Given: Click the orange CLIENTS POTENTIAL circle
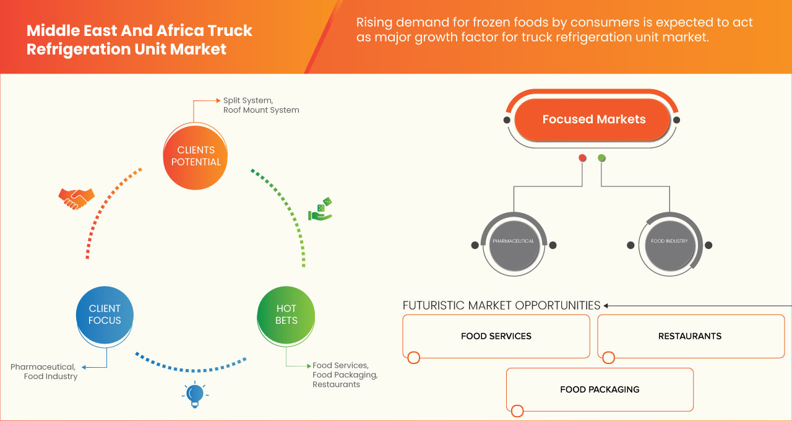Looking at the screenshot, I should pyautogui.click(x=196, y=156).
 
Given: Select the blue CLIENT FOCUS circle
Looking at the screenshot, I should pyautogui.click(x=105, y=315).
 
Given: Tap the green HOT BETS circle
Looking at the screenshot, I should pyautogui.click(x=286, y=315).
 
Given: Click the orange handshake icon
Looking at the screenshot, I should pyautogui.click(x=76, y=197).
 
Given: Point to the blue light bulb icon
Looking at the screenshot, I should pyautogui.click(x=194, y=394).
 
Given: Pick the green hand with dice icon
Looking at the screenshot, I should pyautogui.click(x=321, y=210).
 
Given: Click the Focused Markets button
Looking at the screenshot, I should pyautogui.click(x=593, y=120).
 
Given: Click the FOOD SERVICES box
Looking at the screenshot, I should pyautogui.click(x=496, y=336).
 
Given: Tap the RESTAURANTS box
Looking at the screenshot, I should pyautogui.click(x=690, y=336).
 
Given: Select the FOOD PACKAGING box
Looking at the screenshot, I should pyautogui.click(x=600, y=389).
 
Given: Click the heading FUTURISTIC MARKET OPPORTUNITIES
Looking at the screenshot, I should pyautogui.click(x=501, y=305).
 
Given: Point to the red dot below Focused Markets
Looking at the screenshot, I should pyautogui.click(x=582, y=158).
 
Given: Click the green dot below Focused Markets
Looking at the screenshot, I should pyautogui.click(x=601, y=158).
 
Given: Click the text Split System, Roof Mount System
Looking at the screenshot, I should pyautogui.click(x=260, y=105).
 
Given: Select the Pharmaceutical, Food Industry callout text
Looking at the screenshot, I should pyautogui.click(x=44, y=371).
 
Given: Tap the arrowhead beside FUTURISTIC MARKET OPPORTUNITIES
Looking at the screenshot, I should pyautogui.click(x=606, y=305).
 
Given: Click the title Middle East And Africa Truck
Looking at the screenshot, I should pyautogui.click(x=139, y=31).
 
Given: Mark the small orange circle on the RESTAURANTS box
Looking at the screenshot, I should pyautogui.click(x=608, y=358).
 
